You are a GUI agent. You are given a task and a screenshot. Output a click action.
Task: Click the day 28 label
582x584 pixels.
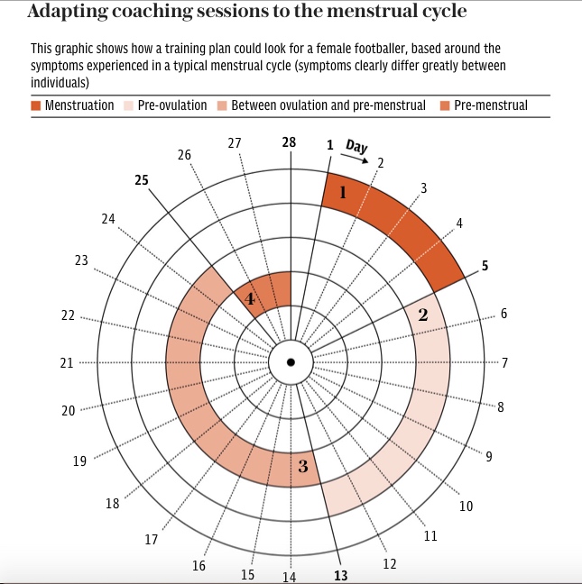point(289,142)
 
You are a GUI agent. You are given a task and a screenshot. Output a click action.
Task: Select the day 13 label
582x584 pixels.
point(340,574)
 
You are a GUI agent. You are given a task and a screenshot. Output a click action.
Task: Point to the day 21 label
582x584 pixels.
point(66,363)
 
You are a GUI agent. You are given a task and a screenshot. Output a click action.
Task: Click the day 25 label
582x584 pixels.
point(142,180)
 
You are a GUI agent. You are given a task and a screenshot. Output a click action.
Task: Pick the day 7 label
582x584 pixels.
point(504,363)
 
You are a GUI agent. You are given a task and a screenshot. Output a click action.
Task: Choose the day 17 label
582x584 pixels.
point(152,540)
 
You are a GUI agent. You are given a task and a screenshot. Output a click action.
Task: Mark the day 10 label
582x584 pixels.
point(466,506)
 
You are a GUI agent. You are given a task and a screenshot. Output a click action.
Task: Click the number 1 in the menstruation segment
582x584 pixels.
point(343,192)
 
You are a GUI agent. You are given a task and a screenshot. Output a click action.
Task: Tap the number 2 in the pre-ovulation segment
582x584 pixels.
point(422,315)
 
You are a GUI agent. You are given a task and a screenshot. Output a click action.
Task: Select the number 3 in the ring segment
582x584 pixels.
point(303,466)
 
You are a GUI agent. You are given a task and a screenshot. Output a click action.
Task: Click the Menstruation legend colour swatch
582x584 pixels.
point(36,105)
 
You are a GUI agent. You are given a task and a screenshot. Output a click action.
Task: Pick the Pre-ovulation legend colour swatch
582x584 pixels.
point(130,105)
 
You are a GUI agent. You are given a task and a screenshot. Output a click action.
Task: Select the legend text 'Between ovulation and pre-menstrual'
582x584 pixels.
point(328,105)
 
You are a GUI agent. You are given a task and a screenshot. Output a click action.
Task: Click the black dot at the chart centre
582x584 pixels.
point(291,362)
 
